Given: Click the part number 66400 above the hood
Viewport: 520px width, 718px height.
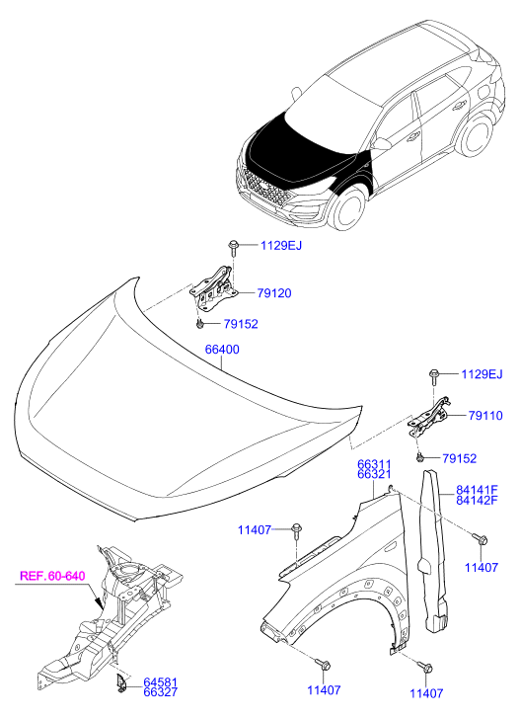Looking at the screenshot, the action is [222, 350].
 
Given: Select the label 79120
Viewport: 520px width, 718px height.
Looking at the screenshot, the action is [274, 293].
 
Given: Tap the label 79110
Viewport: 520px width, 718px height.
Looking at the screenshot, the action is [485, 416].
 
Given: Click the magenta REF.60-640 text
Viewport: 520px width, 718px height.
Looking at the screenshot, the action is [52, 576].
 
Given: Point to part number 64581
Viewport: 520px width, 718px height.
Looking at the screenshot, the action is [160, 682].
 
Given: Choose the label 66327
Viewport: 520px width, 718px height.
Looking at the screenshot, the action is [160, 692].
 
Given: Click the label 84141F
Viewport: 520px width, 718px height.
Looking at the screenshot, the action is [477, 491].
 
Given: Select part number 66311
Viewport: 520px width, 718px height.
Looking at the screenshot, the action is [374, 466].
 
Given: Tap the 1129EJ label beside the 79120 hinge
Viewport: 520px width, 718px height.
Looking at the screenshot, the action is [281, 246].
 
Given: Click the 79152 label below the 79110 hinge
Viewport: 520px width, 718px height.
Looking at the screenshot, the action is [459, 458].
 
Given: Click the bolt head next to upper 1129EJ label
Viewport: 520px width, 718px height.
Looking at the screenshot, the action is [233, 243].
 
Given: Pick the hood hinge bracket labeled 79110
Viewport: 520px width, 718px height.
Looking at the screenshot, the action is [429, 417].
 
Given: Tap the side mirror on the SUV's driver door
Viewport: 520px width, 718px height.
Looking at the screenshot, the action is [382, 145].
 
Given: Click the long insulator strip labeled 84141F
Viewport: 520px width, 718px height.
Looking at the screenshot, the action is [433, 551].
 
